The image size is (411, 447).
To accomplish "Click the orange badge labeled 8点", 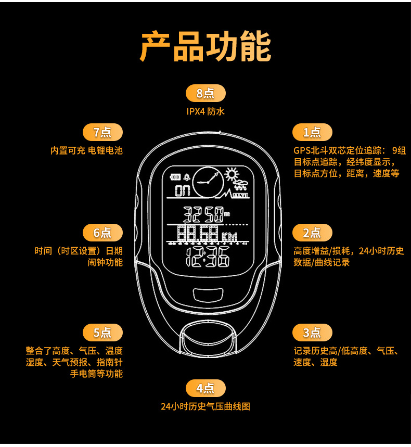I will [x=205, y=93].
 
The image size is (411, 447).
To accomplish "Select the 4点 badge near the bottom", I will [x=205, y=388].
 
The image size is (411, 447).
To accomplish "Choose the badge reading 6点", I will [x=102, y=232].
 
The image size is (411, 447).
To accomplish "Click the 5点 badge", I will [x=102, y=333].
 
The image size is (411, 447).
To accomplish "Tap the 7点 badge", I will [x=102, y=132].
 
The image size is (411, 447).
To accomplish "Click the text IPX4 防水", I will [x=205, y=111].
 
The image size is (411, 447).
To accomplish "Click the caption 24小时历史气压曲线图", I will [x=205, y=406].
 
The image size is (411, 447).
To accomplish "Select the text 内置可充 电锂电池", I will [x=86, y=150].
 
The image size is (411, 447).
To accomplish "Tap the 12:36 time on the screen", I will [x=207, y=257].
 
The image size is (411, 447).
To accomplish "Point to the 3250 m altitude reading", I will [x=205, y=213].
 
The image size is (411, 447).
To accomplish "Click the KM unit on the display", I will [x=229, y=237].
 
